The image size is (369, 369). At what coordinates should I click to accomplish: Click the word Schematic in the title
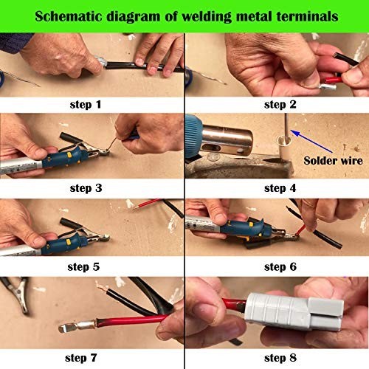69,16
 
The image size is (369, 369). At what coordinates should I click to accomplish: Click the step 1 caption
86,105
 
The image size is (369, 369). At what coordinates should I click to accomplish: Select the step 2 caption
280,105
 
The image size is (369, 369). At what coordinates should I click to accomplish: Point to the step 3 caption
86,188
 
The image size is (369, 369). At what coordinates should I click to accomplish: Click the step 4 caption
280,188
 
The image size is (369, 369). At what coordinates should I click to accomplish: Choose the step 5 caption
83,267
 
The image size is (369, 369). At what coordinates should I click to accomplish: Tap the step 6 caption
280,267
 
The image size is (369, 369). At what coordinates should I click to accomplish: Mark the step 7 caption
81,358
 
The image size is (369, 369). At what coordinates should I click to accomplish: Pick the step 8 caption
280,358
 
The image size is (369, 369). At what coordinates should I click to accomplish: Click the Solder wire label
333,161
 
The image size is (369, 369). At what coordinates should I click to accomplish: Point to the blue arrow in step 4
311,141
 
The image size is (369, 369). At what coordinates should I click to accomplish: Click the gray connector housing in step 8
294,310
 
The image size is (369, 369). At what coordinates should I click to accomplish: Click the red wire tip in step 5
136,208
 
